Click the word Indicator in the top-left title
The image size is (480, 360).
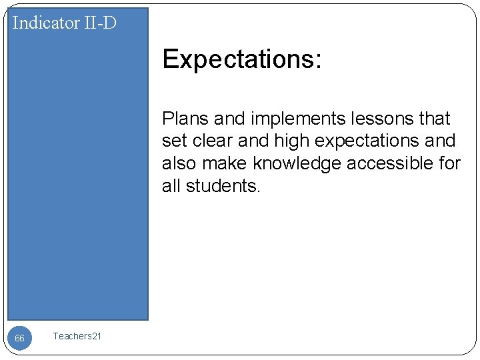[45, 23]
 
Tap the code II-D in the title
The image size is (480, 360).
[99, 23]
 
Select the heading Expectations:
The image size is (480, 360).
[242, 60]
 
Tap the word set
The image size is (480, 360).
[173, 141]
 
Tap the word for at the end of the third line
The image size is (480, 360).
[449, 164]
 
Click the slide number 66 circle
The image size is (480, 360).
[20, 339]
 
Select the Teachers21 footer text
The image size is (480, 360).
[77, 337]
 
